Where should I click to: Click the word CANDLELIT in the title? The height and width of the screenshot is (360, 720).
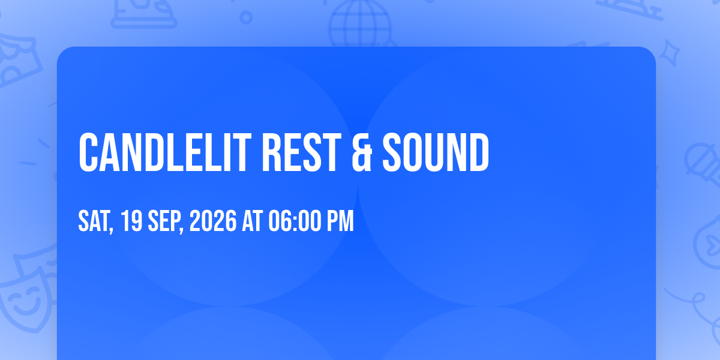tap(164, 152)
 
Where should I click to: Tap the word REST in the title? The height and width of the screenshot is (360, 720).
tap(301, 152)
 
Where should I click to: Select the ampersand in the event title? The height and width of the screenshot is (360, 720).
tap(362, 152)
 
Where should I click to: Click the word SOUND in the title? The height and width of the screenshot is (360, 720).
tap(436, 152)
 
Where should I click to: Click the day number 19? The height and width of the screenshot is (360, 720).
tap(131, 221)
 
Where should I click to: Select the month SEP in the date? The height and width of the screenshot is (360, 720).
tap(164, 221)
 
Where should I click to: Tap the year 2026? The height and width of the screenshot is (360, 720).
tap(213, 221)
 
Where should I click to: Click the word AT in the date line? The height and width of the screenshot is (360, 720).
tap(253, 221)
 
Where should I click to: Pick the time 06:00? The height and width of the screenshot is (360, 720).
tap(295, 221)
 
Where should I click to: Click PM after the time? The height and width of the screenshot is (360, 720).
tap(340, 221)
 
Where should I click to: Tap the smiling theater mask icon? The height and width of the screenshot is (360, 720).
tap(26, 299)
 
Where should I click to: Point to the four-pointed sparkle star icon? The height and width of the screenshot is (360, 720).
tap(669, 53)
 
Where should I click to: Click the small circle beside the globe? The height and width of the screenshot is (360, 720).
tap(246, 17)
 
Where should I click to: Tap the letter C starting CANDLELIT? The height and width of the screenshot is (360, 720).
tap(88, 152)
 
